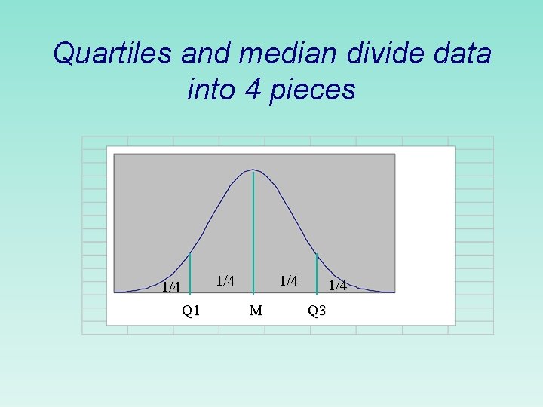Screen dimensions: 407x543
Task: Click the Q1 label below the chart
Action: pos(191,311)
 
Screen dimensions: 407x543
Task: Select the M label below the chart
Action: pos(256,311)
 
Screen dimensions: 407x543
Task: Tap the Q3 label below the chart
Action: pos(317,311)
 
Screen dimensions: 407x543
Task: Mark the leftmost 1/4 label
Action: pos(171,287)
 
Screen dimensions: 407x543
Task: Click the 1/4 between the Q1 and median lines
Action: pos(225,281)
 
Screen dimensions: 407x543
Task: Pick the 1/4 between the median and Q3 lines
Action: pos(289,281)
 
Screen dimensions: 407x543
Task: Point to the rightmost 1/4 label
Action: pos(338,285)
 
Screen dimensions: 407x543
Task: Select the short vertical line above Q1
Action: pos(191,272)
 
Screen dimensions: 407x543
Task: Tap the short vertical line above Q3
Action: pos(317,272)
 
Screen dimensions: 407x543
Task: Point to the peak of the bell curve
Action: pos(253,170)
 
